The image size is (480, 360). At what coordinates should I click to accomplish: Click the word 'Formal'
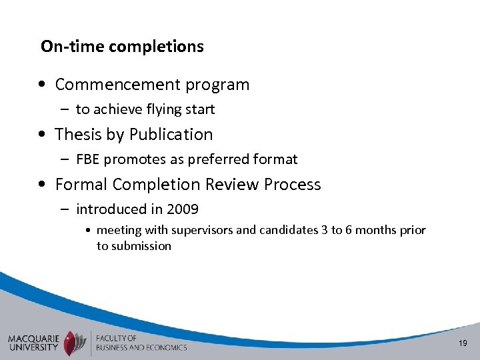pyautogui.click(x=82, y=185)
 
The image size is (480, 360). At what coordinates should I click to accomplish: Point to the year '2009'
pyautogui.click(x=183, y=209)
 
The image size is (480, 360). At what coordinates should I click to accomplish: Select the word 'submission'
pyautogui.click(x=141, y=246)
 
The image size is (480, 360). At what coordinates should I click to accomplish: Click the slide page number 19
pyautogui.click(x=463, y=343)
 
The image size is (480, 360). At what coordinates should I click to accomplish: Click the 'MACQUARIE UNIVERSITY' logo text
pyautogui.click(x=33, y=342)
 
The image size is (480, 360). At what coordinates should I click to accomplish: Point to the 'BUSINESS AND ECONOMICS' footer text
pyautogui.click(x=141, y=347)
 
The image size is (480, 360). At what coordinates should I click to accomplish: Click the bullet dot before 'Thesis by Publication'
pyautogui.click(x=42, y=135)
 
